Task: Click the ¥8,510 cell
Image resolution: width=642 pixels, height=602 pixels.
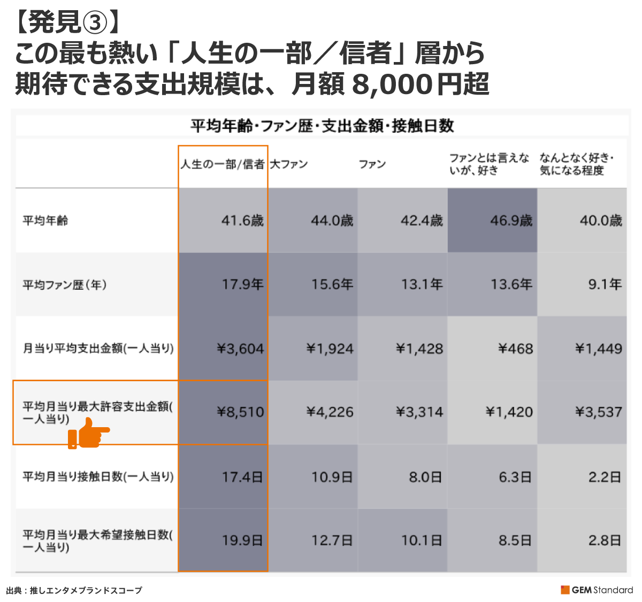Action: click(240, 412)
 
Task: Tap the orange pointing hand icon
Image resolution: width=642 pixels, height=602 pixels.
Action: click(88, 433)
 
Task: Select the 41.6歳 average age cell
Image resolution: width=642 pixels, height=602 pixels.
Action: click(242, 220)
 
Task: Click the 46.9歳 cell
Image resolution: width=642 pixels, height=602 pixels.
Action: click(511, 220)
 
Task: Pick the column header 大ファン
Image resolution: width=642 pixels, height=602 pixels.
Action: click(289, 164)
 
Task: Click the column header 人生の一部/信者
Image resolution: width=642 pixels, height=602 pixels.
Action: click(223, 164)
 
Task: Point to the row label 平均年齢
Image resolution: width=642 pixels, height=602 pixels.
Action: click(45, 220)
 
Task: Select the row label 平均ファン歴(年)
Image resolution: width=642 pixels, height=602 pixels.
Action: click(65, 284)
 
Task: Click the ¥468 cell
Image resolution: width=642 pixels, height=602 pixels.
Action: click(515, 349)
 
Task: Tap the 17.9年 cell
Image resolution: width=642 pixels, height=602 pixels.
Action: click(242, 284)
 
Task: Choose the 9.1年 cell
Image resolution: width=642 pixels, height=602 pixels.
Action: click(605, 284)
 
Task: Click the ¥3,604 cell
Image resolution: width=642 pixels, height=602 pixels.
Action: click(240, 349)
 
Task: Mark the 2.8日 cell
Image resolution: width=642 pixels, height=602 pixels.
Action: click(605, 541)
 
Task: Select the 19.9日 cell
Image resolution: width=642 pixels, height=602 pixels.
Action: click(242, 541)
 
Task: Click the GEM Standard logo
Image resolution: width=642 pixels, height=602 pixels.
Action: click(597, 590)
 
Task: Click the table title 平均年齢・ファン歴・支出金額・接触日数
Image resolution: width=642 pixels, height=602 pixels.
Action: click(322, 126)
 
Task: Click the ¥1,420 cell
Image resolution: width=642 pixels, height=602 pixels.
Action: click(509, 412)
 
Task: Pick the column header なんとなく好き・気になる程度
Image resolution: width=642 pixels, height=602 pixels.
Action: click(576, 164)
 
